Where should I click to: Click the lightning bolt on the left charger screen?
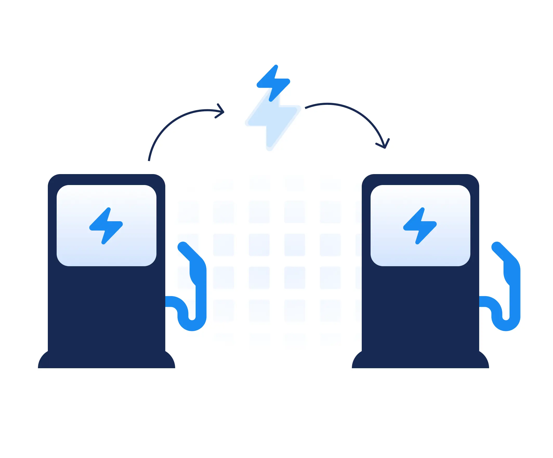(106, 226)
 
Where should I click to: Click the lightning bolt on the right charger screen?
(420, 226)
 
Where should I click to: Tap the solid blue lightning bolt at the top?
(273, 83)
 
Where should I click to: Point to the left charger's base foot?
(106, 361)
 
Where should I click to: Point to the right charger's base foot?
(420, 361)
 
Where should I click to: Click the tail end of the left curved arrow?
(149, 160)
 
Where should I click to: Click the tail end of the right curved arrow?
(306, 107)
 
